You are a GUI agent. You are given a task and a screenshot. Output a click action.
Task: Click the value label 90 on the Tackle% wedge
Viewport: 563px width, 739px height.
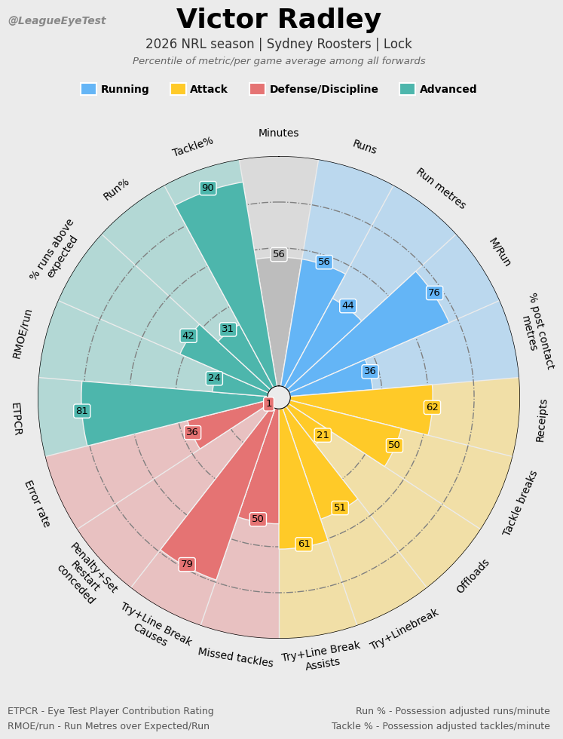208,188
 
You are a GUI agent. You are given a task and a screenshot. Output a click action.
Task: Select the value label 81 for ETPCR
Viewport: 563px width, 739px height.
82,411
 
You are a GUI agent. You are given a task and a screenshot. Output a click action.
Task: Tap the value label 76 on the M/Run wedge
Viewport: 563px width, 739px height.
434,293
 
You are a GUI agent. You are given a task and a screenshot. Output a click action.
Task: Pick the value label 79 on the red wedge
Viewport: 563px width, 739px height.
187,564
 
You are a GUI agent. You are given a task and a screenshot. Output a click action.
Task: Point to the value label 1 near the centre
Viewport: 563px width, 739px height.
269,403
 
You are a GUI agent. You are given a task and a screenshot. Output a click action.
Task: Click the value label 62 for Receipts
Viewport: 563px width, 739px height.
433,407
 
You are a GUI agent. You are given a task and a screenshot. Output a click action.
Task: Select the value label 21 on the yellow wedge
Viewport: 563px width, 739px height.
323,435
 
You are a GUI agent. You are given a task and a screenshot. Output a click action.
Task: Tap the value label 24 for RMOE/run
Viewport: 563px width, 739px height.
214,378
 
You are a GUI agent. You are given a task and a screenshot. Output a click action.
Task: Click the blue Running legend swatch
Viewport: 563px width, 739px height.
89,89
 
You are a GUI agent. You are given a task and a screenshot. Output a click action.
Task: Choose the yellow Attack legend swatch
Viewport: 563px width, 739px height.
178,89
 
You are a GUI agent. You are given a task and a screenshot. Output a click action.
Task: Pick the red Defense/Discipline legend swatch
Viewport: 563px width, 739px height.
257,89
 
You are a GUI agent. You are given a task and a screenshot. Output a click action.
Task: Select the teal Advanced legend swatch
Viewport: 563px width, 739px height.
408,89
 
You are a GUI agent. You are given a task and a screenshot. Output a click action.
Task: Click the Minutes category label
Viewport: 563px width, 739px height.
278,133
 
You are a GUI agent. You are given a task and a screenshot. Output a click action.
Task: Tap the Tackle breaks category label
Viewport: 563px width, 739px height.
519,503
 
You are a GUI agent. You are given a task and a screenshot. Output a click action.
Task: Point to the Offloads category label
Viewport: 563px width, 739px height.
473,576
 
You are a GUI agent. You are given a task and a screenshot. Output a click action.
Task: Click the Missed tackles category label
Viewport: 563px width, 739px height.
236,657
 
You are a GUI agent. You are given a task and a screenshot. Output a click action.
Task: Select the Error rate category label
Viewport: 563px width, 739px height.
37,504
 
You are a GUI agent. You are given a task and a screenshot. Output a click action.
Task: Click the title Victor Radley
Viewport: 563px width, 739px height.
279,20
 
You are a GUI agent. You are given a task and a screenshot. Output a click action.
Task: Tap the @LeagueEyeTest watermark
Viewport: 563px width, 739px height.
57,21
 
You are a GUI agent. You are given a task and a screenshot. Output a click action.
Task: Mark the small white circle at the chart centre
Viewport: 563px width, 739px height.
279,397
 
